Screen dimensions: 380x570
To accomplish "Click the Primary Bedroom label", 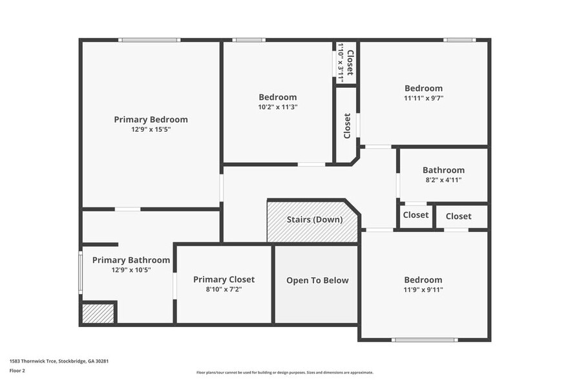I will [151, 120].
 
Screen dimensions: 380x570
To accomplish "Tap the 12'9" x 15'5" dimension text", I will [151, 129].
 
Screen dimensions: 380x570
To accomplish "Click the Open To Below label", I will [317, 280].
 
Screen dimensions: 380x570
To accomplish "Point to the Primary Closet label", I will [224, 280].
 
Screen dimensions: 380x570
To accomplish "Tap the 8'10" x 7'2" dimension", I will [224, 290].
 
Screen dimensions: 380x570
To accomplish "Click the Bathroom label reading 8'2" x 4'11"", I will [443, 171].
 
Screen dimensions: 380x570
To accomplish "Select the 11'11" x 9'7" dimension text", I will [423, 98].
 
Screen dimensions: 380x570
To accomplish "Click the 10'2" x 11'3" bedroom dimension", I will [277, 107].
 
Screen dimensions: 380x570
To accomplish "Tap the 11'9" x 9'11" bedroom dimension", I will [423, 290].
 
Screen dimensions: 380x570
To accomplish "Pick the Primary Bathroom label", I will [131, 260].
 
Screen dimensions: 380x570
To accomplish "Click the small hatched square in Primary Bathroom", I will [98, 313].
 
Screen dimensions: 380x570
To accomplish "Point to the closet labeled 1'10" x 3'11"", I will [345, 63].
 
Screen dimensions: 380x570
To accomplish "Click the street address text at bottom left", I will [59, 361].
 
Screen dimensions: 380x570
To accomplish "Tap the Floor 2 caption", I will [17, 371].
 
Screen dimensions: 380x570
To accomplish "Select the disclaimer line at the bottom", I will [284, 372].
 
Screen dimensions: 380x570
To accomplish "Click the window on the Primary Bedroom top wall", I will [149, 40].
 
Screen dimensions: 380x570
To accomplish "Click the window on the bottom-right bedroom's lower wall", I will [425, 340].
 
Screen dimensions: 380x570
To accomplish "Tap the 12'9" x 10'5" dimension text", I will [131, 270].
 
